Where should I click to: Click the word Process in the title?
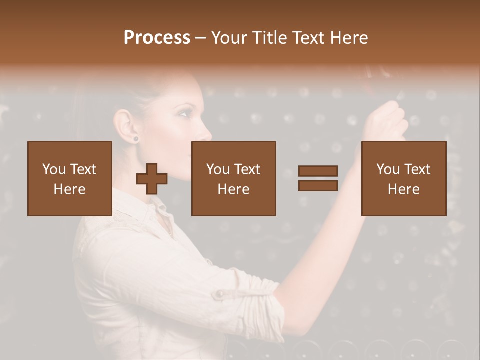[157, 38]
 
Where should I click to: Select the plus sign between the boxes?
[152, 179]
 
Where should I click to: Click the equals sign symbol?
[318, 178]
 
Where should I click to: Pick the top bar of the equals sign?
[318, 171]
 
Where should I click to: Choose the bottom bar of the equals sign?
[318, 186]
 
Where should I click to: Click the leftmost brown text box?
[69, 178]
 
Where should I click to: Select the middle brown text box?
[233, 178]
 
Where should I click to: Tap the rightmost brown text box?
[403, 178]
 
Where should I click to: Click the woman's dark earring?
[135, 138]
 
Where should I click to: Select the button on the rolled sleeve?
[218, 295]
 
